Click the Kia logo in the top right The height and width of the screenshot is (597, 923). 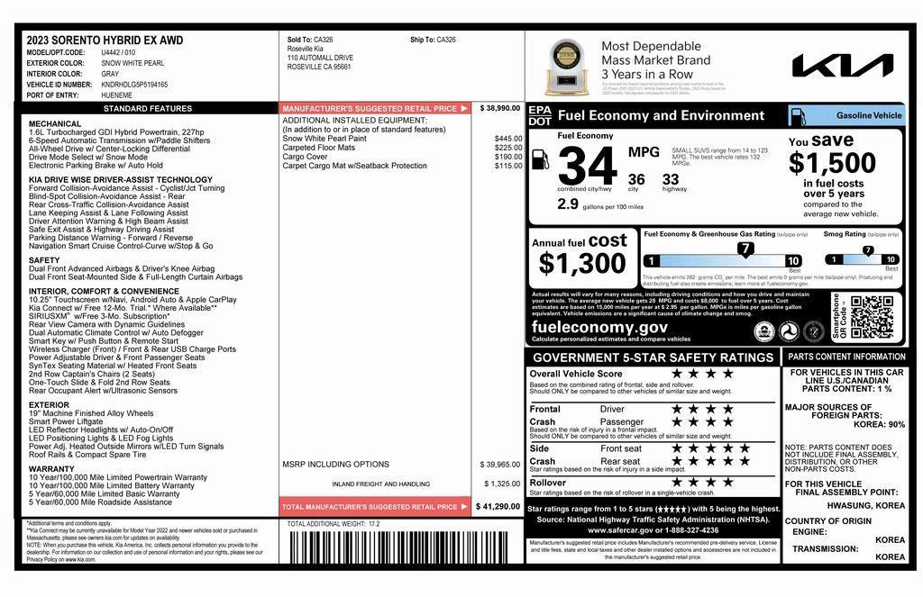(842, 65)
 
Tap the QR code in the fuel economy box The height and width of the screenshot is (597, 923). (872, 317)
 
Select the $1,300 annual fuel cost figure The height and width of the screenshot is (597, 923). (581, 263)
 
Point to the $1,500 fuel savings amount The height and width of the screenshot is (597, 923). (832, 163)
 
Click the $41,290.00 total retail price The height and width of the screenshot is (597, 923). (498, 507)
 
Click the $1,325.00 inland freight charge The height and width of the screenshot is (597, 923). (500, 484)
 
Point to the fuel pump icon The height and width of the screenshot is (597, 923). (541, 159)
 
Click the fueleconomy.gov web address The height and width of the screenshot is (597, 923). (599, 328)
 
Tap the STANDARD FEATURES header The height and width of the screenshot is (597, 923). (148, 108)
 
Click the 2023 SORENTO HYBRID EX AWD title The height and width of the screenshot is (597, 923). (105, 41)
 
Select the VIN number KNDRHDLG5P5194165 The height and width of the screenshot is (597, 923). (134, 85)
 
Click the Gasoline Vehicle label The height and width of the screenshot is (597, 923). (868, 115)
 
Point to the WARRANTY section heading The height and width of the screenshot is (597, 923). (51, 468)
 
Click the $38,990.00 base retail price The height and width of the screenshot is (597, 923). (500, 108)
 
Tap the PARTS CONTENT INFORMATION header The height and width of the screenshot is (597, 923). (846, 357)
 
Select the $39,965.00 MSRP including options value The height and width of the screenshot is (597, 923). (500, 465)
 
